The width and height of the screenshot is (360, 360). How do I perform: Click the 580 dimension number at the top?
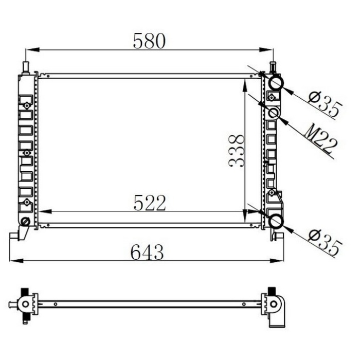tap(149, 41)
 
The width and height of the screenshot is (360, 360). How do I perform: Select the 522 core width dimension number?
tap(150, 203)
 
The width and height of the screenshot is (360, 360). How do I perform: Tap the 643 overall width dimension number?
tap(147, 251)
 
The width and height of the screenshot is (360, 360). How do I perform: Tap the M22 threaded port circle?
tap(274, 113)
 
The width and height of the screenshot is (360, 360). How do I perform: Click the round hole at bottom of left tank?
tap(24, 222)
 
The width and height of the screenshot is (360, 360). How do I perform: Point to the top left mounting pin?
tap(25, 68)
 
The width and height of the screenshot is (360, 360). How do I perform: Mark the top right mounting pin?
tap(273, 67)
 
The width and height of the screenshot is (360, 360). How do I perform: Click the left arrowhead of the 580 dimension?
tap(29, 50)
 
